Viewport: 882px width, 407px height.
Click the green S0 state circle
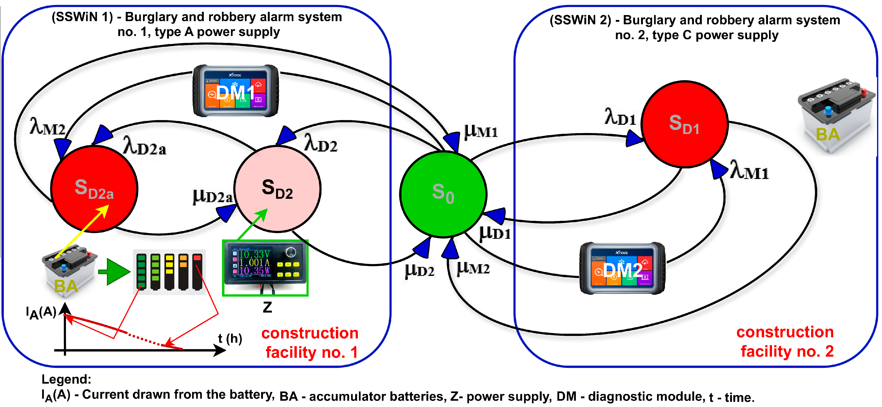pos(443,194)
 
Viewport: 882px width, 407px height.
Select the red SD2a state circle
pos(94,189)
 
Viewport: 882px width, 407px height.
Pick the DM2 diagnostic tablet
pos(622,269)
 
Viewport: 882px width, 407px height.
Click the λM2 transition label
pos(47,127)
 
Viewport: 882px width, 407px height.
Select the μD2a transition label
pos(212,197)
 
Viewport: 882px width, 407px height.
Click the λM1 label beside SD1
pos(749,170)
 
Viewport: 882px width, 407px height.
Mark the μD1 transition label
pos(495,233)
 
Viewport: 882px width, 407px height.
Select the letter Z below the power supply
pos(267,307)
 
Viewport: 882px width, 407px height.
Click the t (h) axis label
pos(230,339)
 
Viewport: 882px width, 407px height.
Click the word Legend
pos(66,379)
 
